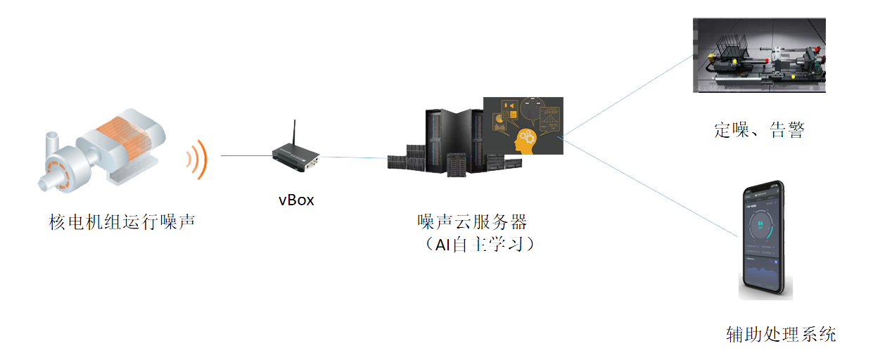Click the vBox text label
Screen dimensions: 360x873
(296, 200)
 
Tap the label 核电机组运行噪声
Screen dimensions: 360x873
(122, 223)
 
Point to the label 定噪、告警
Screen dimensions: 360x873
(759, 130)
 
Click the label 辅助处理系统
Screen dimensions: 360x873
(781, 335)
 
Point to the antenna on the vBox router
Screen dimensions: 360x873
(293, 134)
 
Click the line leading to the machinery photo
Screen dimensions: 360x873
(626, 95)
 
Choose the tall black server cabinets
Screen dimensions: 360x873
(454, 141)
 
